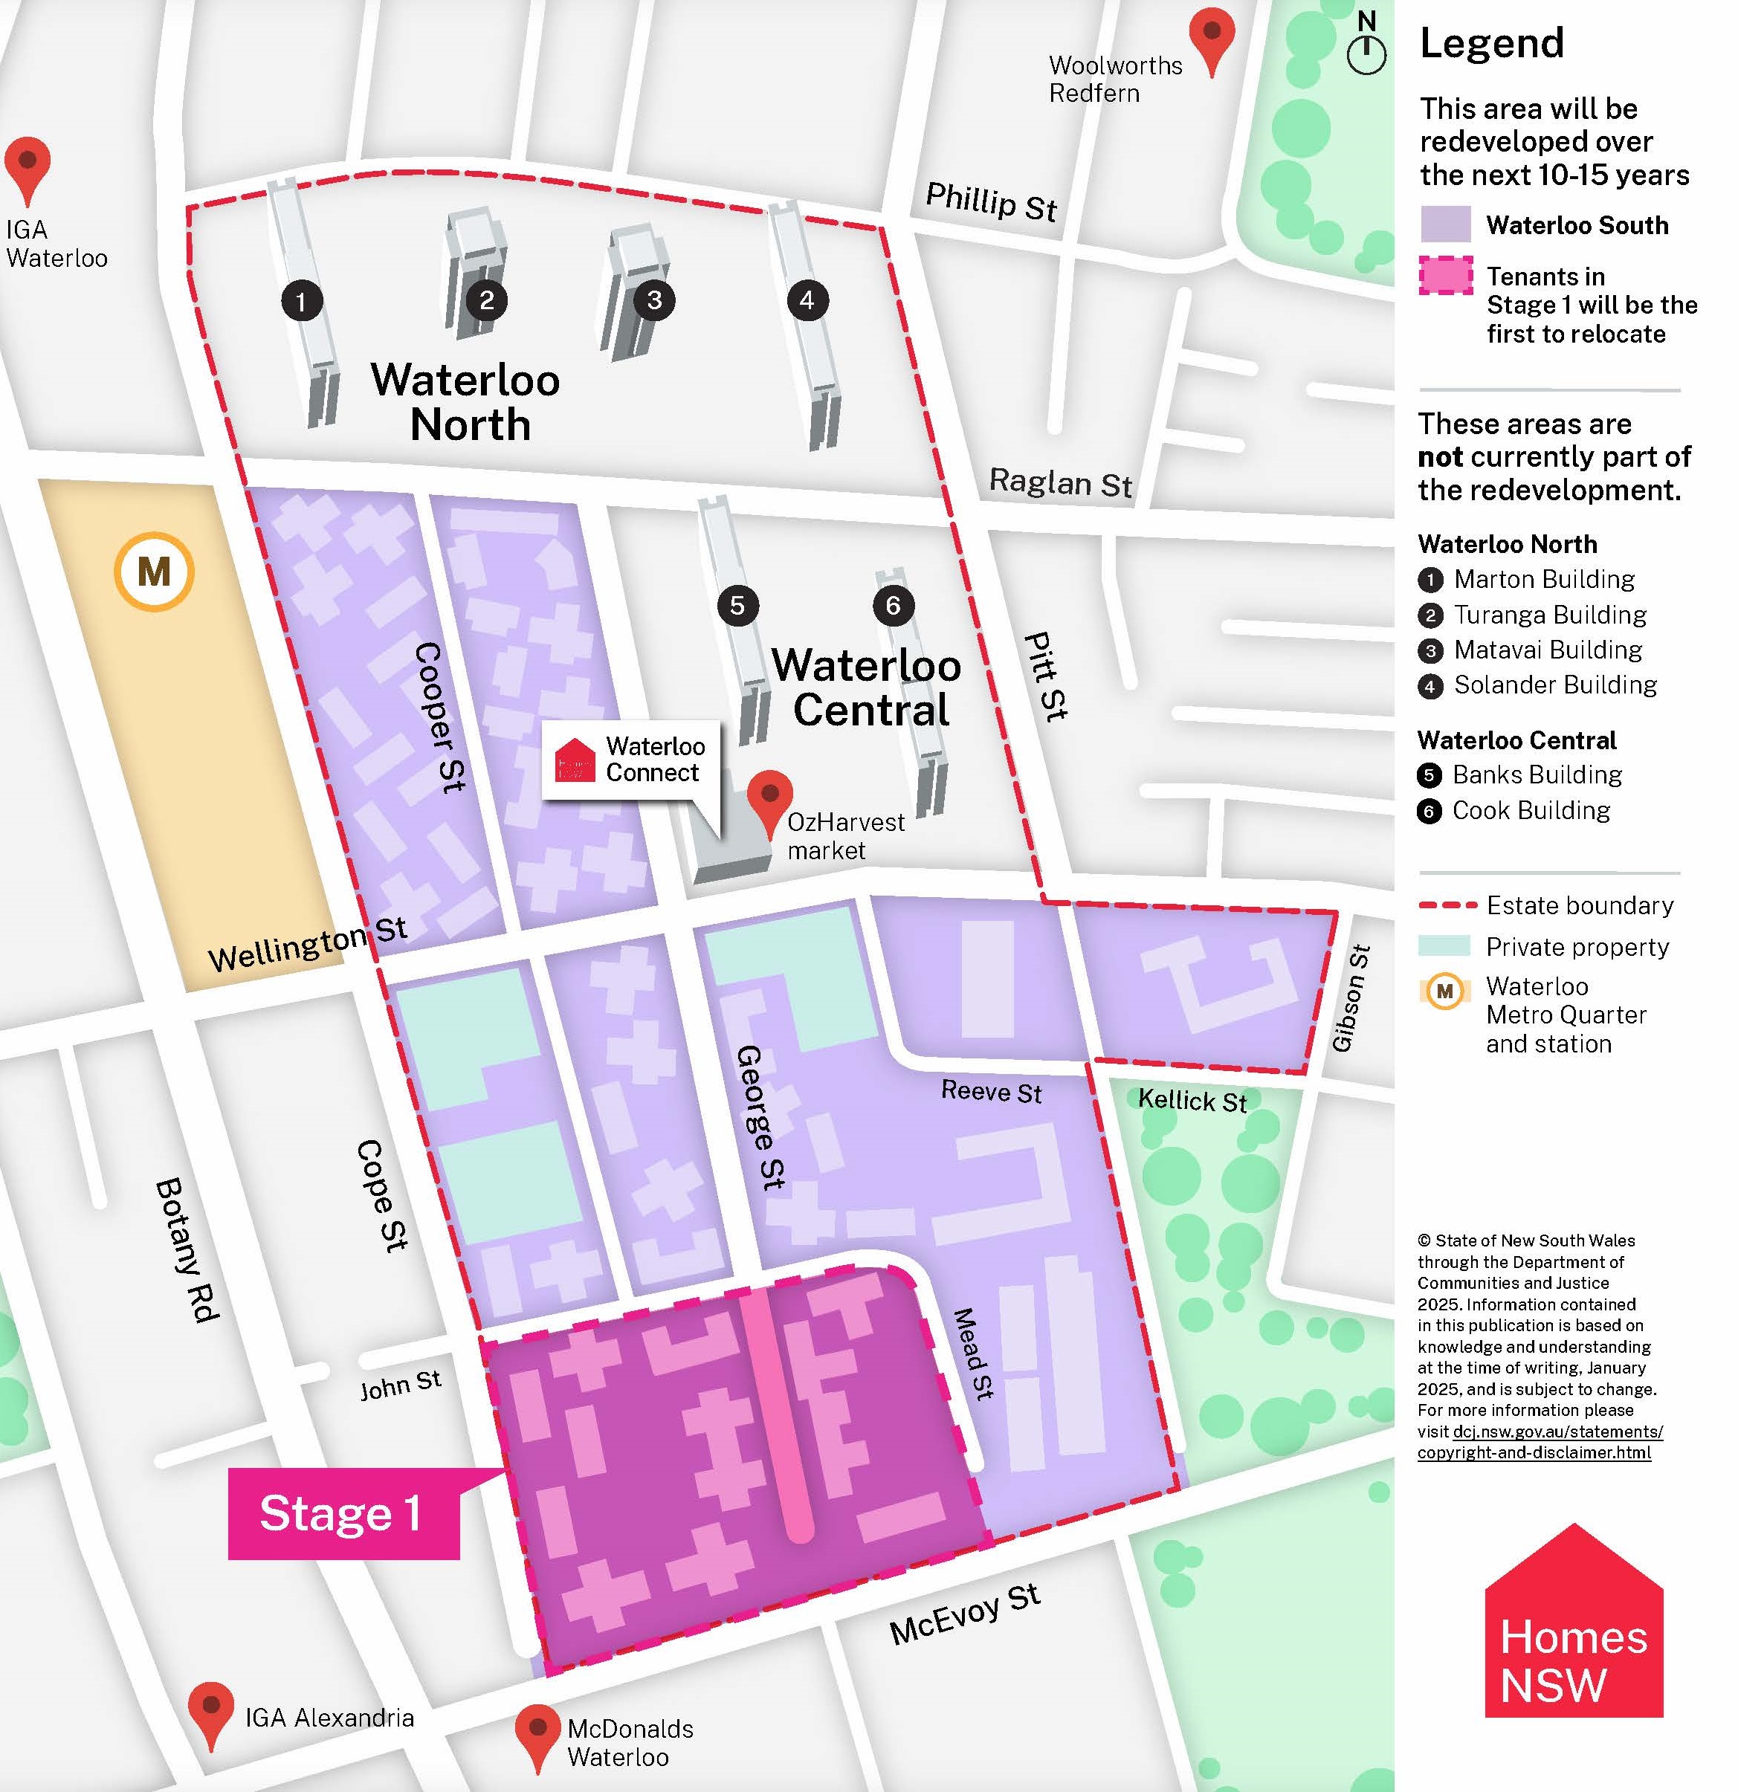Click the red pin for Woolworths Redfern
[1212, 36]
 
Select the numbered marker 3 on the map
[653, 300]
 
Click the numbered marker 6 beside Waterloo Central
[894, 605]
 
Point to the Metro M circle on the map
[154, 572]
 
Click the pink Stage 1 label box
[343, 1513]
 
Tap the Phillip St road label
[991, 202]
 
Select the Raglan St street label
[1061, 482]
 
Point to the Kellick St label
[1192, 1100]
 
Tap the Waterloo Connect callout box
[631, 760]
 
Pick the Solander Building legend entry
[1554, 685]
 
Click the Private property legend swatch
[1444, 946]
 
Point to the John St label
[401, 1385]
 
